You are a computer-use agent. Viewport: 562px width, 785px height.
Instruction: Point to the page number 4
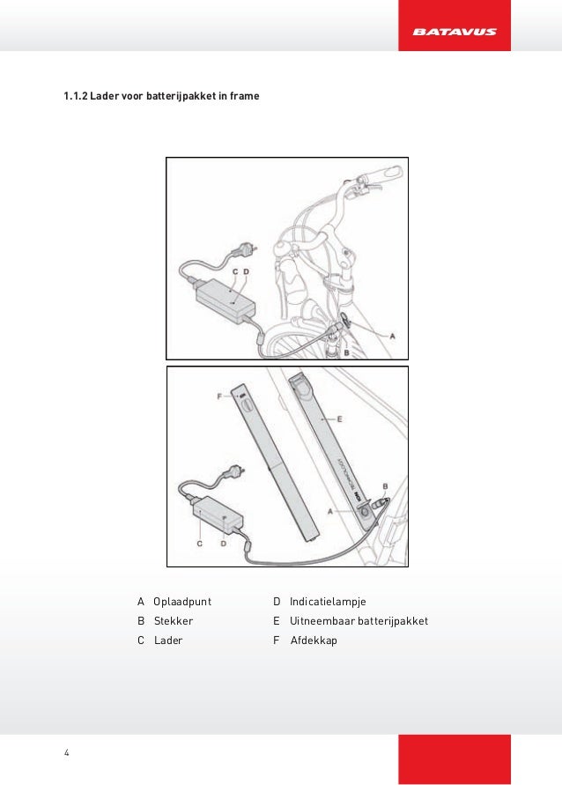tap(66, 752)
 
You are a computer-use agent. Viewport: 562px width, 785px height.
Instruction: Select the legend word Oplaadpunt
tap(182, 601)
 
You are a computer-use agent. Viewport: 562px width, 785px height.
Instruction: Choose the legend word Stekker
tap(174, 620)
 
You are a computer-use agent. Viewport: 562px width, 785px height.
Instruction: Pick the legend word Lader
tap(168, 641)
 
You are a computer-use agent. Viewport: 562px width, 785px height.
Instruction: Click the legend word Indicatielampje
tap(328, 601)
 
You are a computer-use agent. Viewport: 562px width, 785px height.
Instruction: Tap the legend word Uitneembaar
tap(322, 620)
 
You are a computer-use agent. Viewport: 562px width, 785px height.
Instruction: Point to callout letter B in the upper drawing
tap(346, 352)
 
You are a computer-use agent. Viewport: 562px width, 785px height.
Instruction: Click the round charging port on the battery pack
tap(360, 520)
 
